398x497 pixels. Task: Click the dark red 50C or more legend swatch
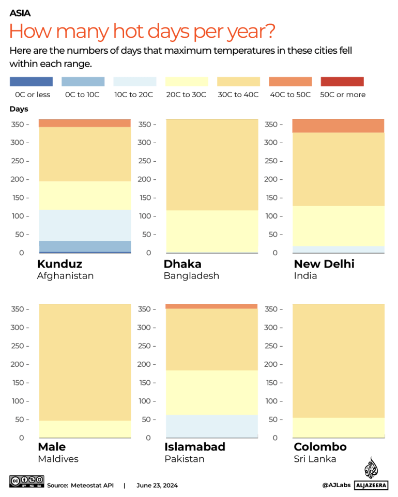[342, 82]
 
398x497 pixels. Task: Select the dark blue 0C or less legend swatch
[31, 82]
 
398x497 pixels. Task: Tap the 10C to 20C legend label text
[134, 95]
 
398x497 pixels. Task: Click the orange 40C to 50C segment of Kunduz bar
[85, 123]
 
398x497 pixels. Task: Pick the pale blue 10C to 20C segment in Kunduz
[85, 225]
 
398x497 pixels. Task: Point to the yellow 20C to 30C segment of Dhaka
[211, 231]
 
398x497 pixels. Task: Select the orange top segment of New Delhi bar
[339, 126]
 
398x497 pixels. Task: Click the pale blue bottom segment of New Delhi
[339, 249]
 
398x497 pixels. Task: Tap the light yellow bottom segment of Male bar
[85, 429]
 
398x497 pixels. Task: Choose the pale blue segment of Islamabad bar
[211, 426]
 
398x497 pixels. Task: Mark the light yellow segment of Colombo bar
[339, 427]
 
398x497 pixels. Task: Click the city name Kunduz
[59, 264]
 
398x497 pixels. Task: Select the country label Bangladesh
[191, 276]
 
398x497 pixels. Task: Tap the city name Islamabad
[195, 447]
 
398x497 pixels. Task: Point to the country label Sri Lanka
[315, 459]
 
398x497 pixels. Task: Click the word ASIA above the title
[20, 13]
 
